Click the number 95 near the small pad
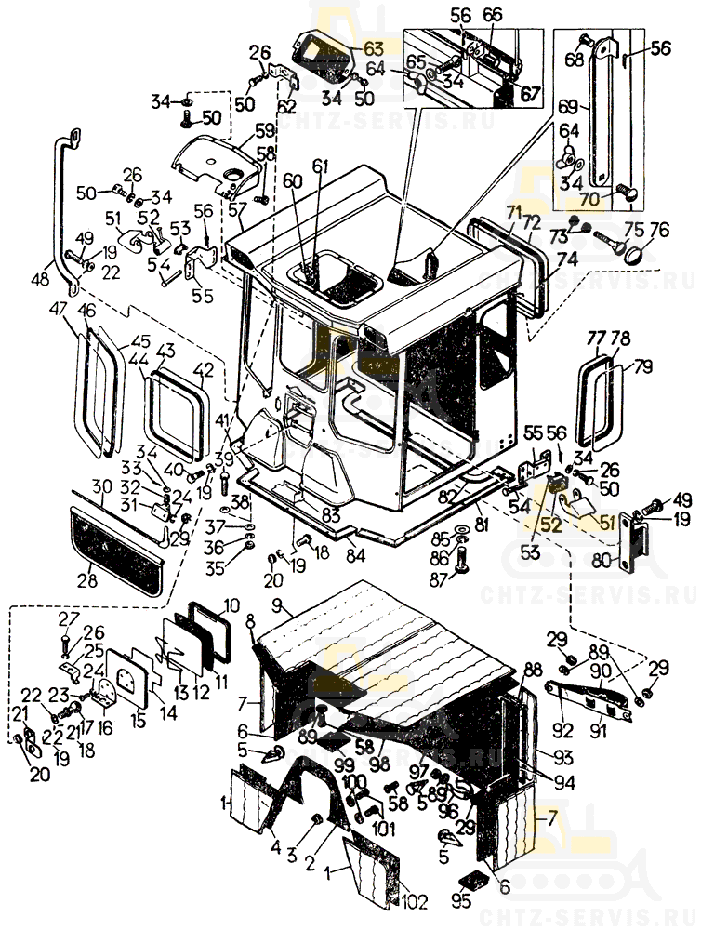click(x=461, y=900)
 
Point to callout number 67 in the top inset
click(x=529, y=93)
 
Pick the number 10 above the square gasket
click(x=231, y=604)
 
